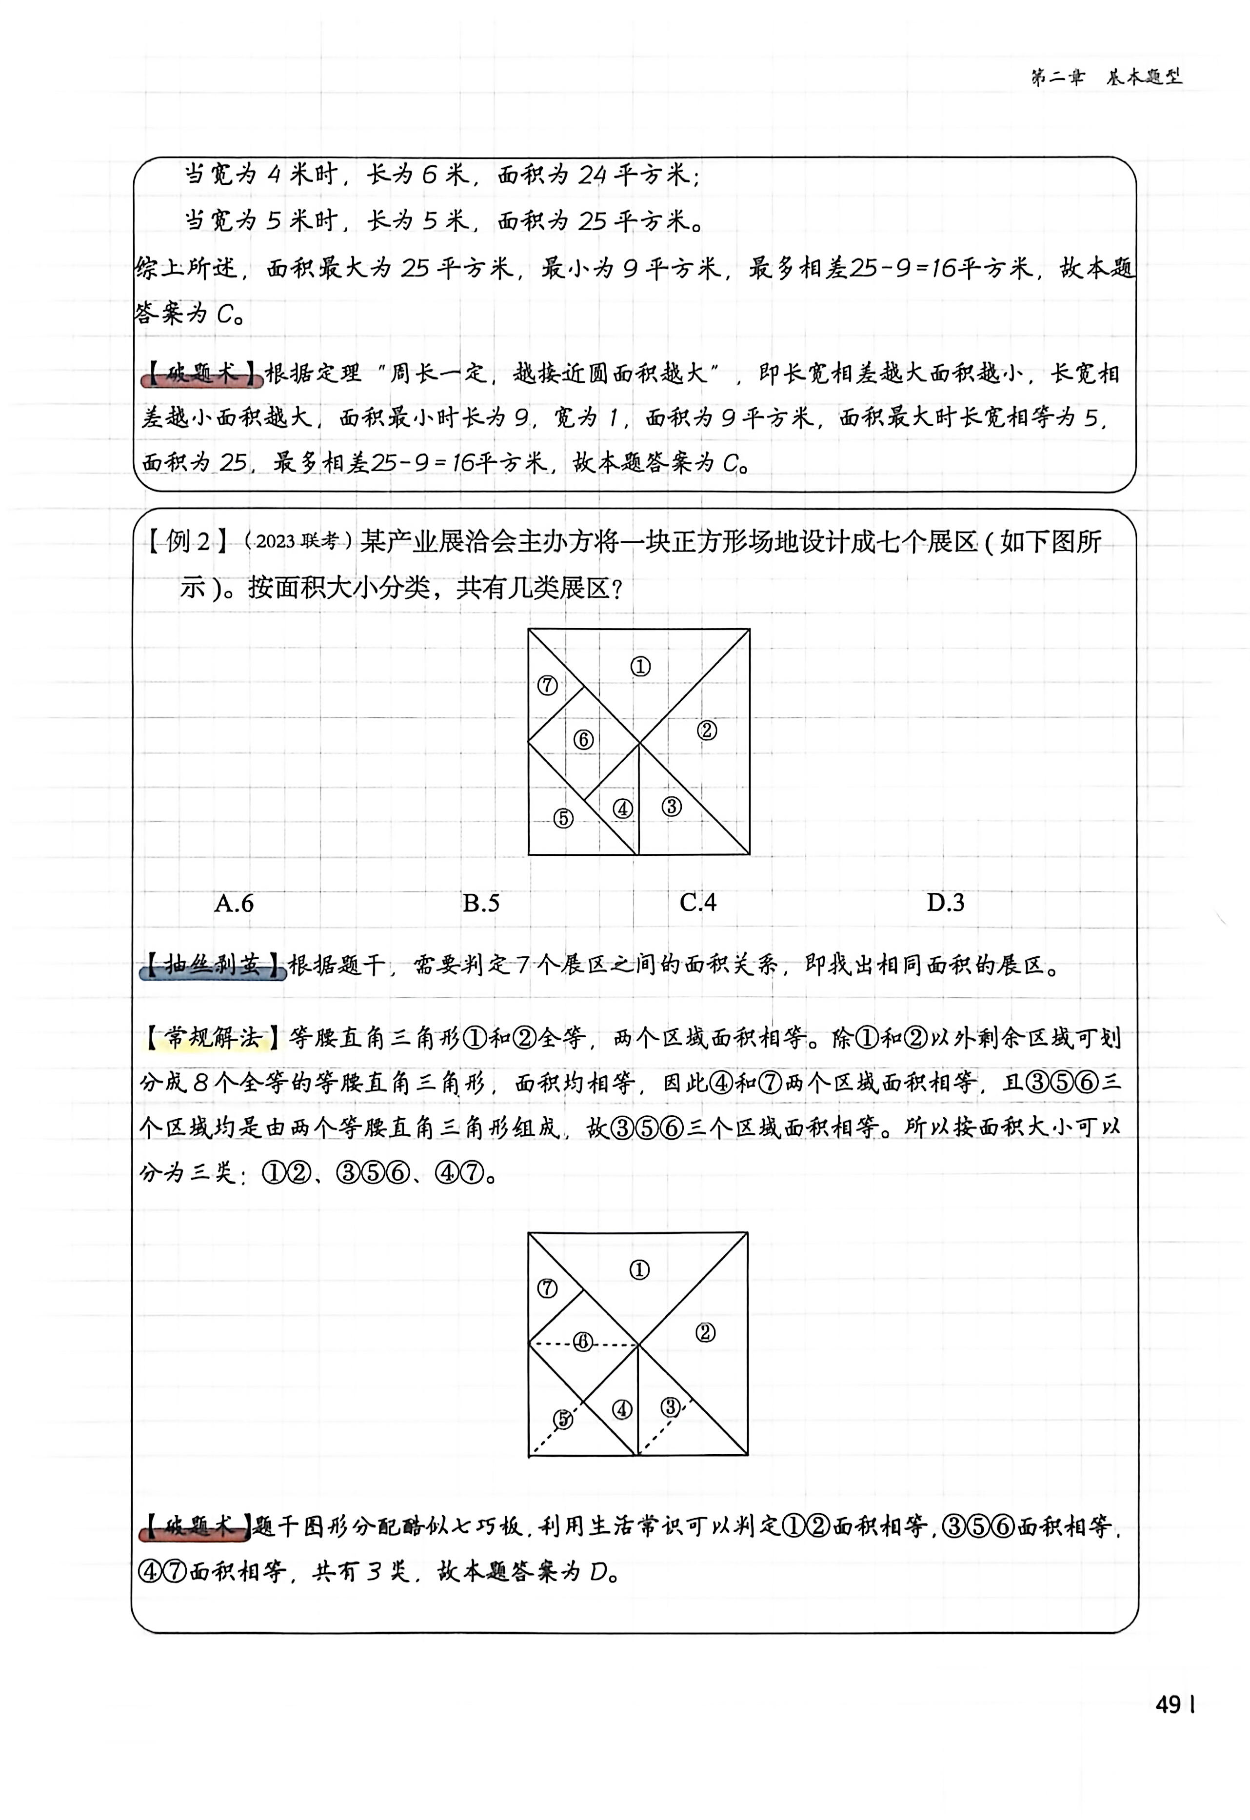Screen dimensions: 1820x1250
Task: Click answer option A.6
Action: tap(234, 903)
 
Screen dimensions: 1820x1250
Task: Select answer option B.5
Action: tap(481, 903)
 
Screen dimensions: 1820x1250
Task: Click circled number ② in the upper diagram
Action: tap(707, 731)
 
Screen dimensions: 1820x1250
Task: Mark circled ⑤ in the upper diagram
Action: tap(563, 818)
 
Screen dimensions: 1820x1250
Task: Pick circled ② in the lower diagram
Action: tap(705, 1332)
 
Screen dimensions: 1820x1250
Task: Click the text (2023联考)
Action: tap(298, 541)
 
